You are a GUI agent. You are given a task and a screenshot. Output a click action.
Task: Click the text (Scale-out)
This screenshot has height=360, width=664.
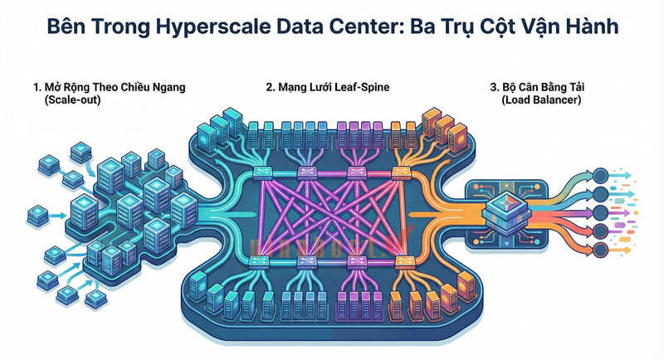72,100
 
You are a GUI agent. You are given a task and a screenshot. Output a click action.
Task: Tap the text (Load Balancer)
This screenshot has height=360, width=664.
541,100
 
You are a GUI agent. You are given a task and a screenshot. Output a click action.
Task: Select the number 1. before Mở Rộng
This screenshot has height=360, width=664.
37,87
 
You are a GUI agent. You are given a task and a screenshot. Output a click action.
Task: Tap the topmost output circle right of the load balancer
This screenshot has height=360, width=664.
600,175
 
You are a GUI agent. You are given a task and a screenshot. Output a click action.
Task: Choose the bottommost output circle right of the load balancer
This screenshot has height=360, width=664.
599,251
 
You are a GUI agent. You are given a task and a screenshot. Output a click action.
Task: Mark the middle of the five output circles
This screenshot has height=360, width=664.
600,213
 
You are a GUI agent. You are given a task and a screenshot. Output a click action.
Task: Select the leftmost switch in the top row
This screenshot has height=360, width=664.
261,173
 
